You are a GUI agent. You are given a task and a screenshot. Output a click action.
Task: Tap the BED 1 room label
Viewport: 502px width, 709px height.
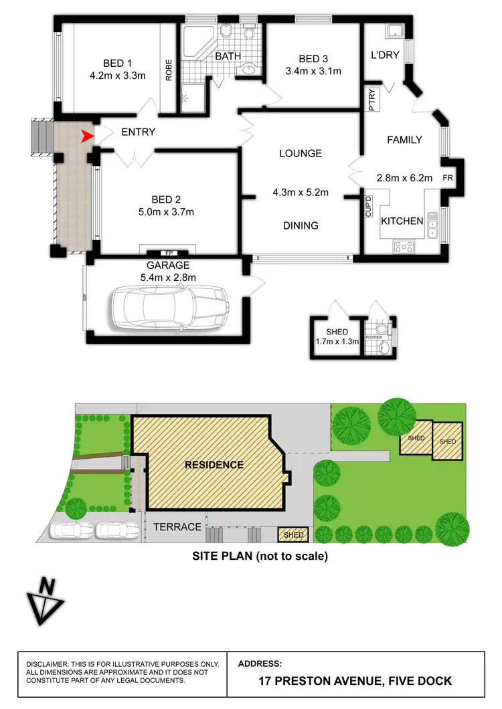point(117,63)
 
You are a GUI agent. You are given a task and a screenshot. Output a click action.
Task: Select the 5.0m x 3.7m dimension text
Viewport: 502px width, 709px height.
point(162,213)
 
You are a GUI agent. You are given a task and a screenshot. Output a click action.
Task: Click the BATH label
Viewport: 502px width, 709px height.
point(228,56)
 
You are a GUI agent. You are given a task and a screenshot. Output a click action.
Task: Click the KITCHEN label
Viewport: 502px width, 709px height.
point(402,221)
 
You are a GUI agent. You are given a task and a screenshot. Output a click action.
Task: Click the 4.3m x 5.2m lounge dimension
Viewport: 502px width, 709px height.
point(301,193)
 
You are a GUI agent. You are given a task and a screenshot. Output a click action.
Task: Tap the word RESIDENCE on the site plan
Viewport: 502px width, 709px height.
point(214,464)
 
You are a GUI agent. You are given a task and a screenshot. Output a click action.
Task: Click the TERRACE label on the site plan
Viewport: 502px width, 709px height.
point(177,527)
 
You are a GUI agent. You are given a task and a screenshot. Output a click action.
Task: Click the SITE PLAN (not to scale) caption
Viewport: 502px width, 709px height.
point(260,555)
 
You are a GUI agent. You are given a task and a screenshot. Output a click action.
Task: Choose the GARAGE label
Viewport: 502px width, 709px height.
point(173,265)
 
